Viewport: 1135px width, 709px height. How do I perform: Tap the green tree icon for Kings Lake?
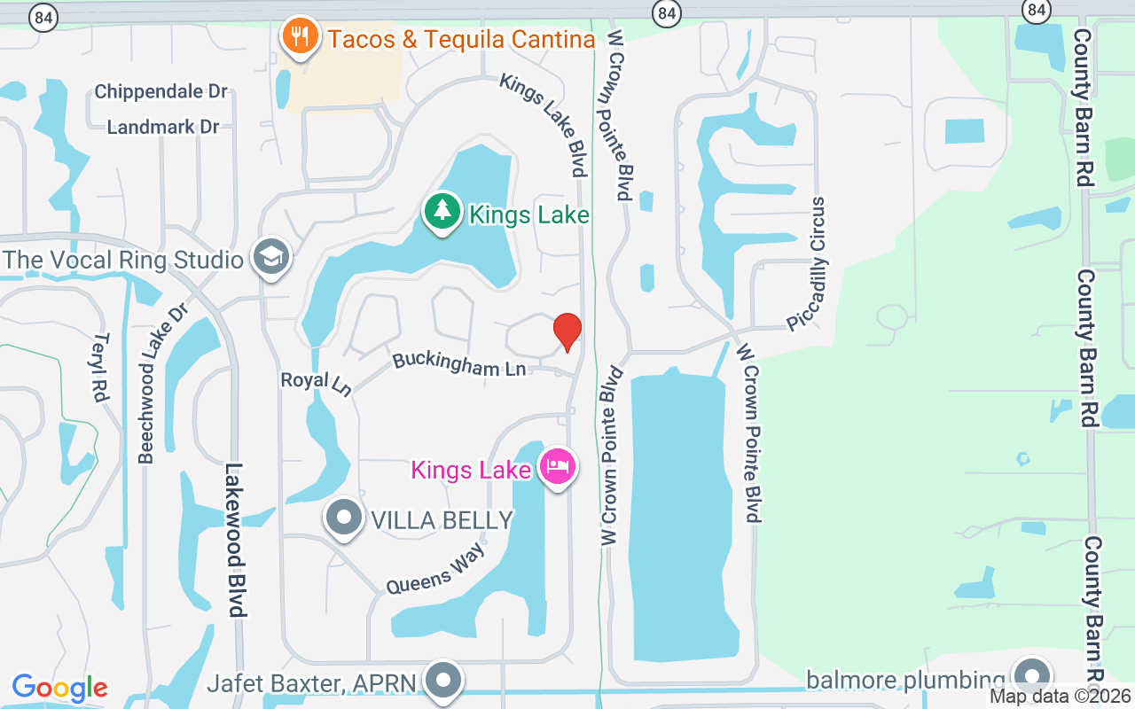442,212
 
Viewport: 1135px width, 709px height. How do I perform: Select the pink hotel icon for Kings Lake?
558,466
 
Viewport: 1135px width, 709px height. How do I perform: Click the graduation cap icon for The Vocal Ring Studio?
271,258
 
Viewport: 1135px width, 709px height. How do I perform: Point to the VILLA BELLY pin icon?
344,518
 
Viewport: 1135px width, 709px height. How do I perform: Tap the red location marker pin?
567,332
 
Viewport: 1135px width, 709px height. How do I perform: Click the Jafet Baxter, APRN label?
313,684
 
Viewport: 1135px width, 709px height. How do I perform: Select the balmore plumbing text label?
905,680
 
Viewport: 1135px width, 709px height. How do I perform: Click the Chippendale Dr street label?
160,91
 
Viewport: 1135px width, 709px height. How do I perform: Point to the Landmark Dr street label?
162,127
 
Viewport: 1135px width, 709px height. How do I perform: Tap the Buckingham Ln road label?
459,363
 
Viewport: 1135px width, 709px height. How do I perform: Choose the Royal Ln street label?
316,383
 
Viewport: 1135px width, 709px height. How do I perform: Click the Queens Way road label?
435,569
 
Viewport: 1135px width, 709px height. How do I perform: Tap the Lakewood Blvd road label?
235,540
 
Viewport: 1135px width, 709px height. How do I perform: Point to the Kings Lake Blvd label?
544,123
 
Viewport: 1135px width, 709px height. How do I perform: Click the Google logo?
59,688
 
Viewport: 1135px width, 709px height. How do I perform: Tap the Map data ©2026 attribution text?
1061,697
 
